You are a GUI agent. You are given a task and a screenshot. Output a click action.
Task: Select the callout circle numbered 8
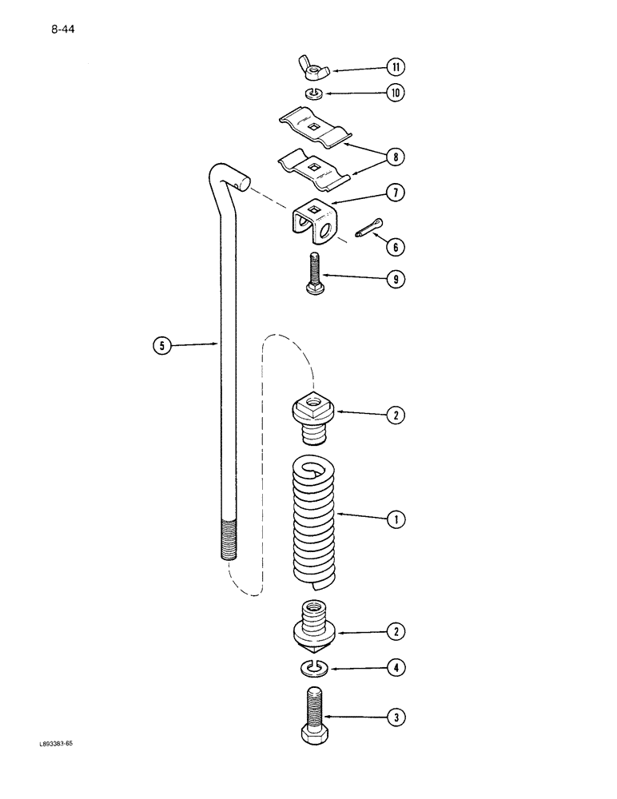[393, 157]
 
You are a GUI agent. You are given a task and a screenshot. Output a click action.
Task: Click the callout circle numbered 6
[393, 248]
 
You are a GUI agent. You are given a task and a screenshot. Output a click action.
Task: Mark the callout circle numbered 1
[393, 519]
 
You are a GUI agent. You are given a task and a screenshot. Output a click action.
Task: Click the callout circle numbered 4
[393, 667]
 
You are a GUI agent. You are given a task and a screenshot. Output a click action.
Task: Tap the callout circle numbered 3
[393, 718]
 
